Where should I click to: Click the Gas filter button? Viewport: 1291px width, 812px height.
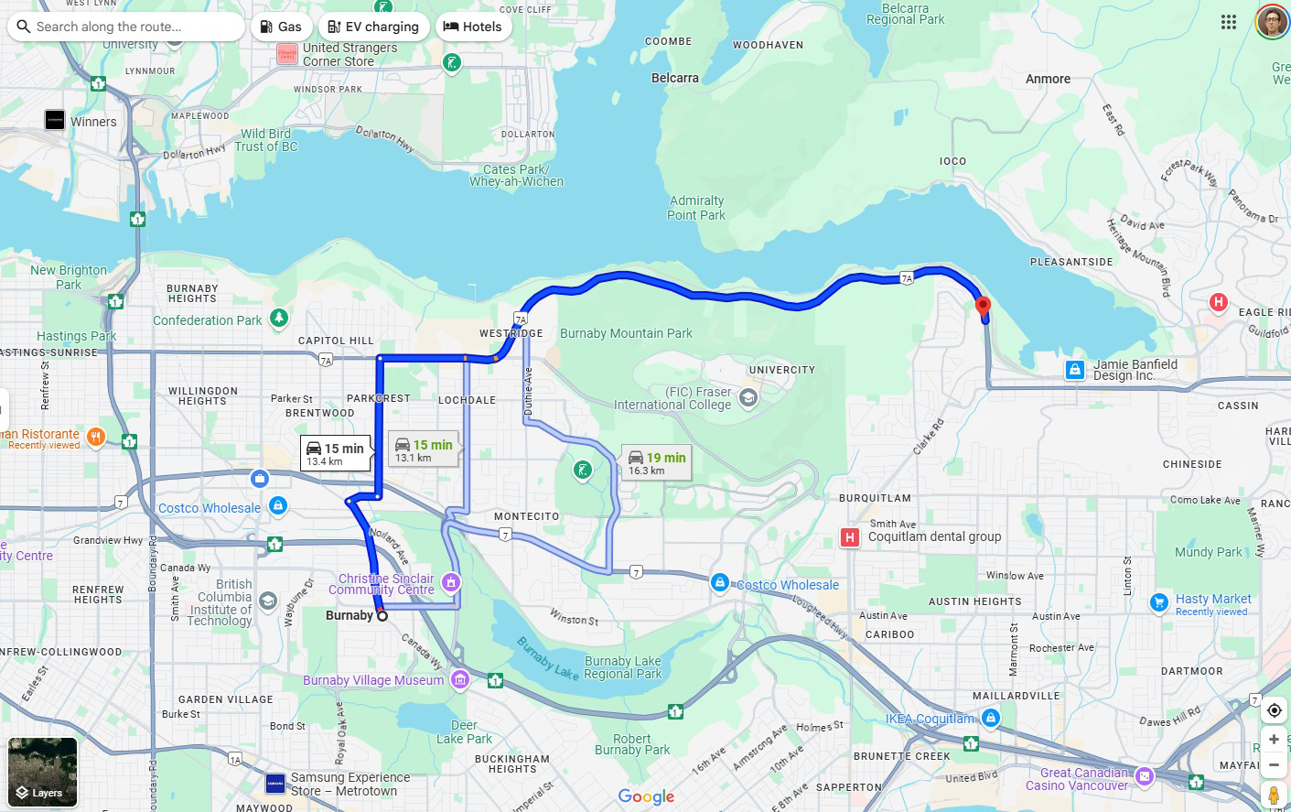coord(281,27)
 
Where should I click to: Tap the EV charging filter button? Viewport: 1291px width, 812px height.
coord(373,27)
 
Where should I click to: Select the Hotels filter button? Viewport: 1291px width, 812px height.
coord(472,27)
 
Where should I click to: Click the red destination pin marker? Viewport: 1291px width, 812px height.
coord(983,307)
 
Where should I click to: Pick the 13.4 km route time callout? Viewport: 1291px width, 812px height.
coord(336,453)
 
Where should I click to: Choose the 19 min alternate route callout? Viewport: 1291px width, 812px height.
coord(656,463)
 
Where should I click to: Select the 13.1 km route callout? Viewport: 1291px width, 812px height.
coord(423,449)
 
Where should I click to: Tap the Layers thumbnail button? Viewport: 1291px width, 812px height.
coord(42,772)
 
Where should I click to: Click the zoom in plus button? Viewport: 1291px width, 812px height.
coord(1274,739)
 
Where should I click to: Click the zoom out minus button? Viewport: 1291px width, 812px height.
coord(1274,764)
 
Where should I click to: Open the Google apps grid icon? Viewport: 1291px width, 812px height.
coord(1229,22)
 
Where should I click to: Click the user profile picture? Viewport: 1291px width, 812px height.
coord(1272,22)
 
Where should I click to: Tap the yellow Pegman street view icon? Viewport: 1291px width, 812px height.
coord(1274,795)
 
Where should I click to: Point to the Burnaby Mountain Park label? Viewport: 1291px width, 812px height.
coord(626,333)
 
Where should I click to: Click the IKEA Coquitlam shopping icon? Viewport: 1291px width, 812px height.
coord(991,719)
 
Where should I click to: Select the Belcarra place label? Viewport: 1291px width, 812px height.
coord(674,79)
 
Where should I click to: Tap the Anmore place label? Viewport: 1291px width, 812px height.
coord(1048,80)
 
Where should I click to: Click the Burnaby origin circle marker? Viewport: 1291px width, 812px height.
coord(382,616)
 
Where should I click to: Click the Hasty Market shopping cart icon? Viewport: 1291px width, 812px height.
coord(1159,602)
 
